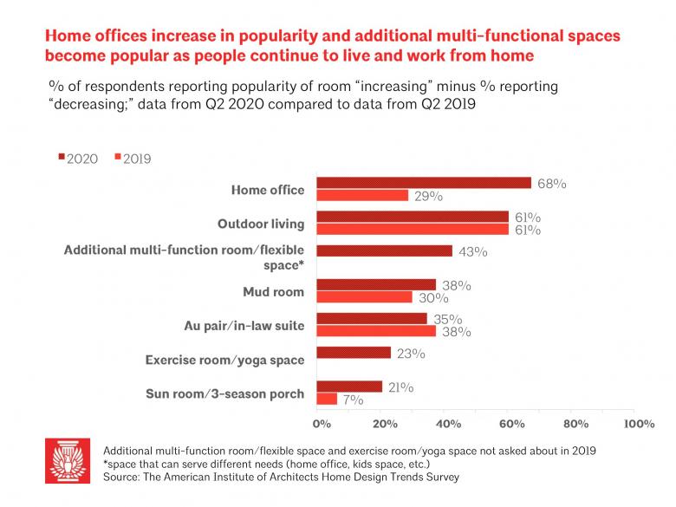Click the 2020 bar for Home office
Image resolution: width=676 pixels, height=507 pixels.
[424, 183]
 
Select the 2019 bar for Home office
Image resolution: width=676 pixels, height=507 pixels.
[362, 195]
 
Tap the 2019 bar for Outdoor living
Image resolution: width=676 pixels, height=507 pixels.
[413, 229]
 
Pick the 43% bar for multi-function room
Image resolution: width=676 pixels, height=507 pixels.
[384, 251]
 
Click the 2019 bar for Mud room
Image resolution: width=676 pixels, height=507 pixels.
[364, 296]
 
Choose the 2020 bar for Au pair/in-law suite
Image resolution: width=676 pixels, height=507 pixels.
[372, 318]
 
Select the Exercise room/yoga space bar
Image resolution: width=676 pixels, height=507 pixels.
[353, 353]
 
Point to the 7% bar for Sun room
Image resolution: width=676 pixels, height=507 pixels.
[327, 399]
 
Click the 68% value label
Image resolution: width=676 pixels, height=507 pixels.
[551, 184]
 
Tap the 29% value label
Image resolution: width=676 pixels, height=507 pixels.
[428, 197]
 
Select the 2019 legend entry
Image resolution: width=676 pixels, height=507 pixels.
[131, 159]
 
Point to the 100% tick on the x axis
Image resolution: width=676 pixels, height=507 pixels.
[638, 425]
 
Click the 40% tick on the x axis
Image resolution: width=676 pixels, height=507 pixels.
[448, 425]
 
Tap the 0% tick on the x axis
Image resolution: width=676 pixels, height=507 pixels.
[321, 425]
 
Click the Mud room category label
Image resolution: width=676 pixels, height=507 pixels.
[275, 292]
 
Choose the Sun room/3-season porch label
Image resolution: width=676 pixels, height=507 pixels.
[225, 393]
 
